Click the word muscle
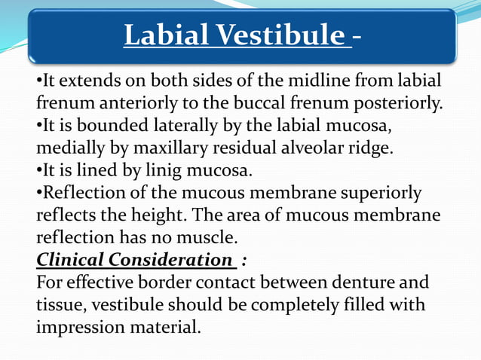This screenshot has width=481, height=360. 210,238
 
